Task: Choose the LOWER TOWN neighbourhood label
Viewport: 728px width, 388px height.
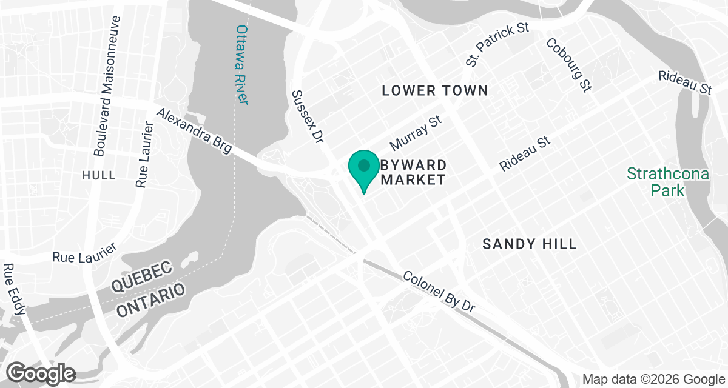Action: (435, 91)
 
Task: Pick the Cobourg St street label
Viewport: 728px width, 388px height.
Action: (568, 65)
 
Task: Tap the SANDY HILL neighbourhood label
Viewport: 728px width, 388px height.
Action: (529, 244)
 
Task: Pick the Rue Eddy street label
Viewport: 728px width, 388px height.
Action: (15, 290)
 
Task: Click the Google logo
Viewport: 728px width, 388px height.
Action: (42, 373)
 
